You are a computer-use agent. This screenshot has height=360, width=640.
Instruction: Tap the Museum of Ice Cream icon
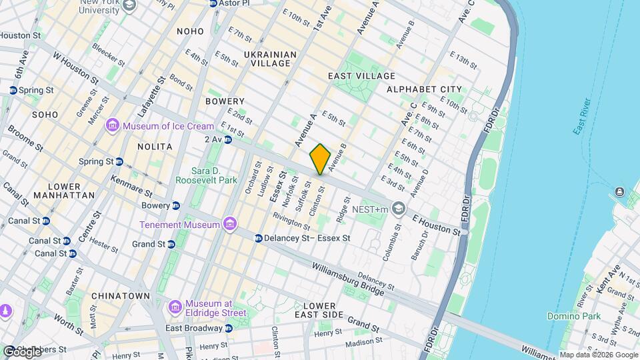click(112, 126)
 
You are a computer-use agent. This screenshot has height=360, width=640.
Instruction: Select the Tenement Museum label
click(179, 225)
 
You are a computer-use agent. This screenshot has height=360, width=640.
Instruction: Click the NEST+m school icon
click(399, 209)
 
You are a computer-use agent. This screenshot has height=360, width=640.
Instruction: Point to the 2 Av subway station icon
click(228, 139)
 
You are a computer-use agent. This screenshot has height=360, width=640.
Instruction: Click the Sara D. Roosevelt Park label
click(206, 175)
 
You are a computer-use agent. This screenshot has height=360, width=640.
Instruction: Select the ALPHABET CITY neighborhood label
click(423, 89)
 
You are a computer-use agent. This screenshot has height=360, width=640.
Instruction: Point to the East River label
click(582, 117)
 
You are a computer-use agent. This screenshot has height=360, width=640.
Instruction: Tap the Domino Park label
click(573, 316)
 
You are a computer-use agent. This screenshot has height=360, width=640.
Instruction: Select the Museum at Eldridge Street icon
click(175, 305)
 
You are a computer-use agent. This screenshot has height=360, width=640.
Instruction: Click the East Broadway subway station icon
click(229, 328)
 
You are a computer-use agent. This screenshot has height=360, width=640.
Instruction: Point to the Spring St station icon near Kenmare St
click(119, 161)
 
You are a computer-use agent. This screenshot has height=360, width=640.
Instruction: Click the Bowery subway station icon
click(175, 205)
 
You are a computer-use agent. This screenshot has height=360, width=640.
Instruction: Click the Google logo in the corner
click(21, 351)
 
